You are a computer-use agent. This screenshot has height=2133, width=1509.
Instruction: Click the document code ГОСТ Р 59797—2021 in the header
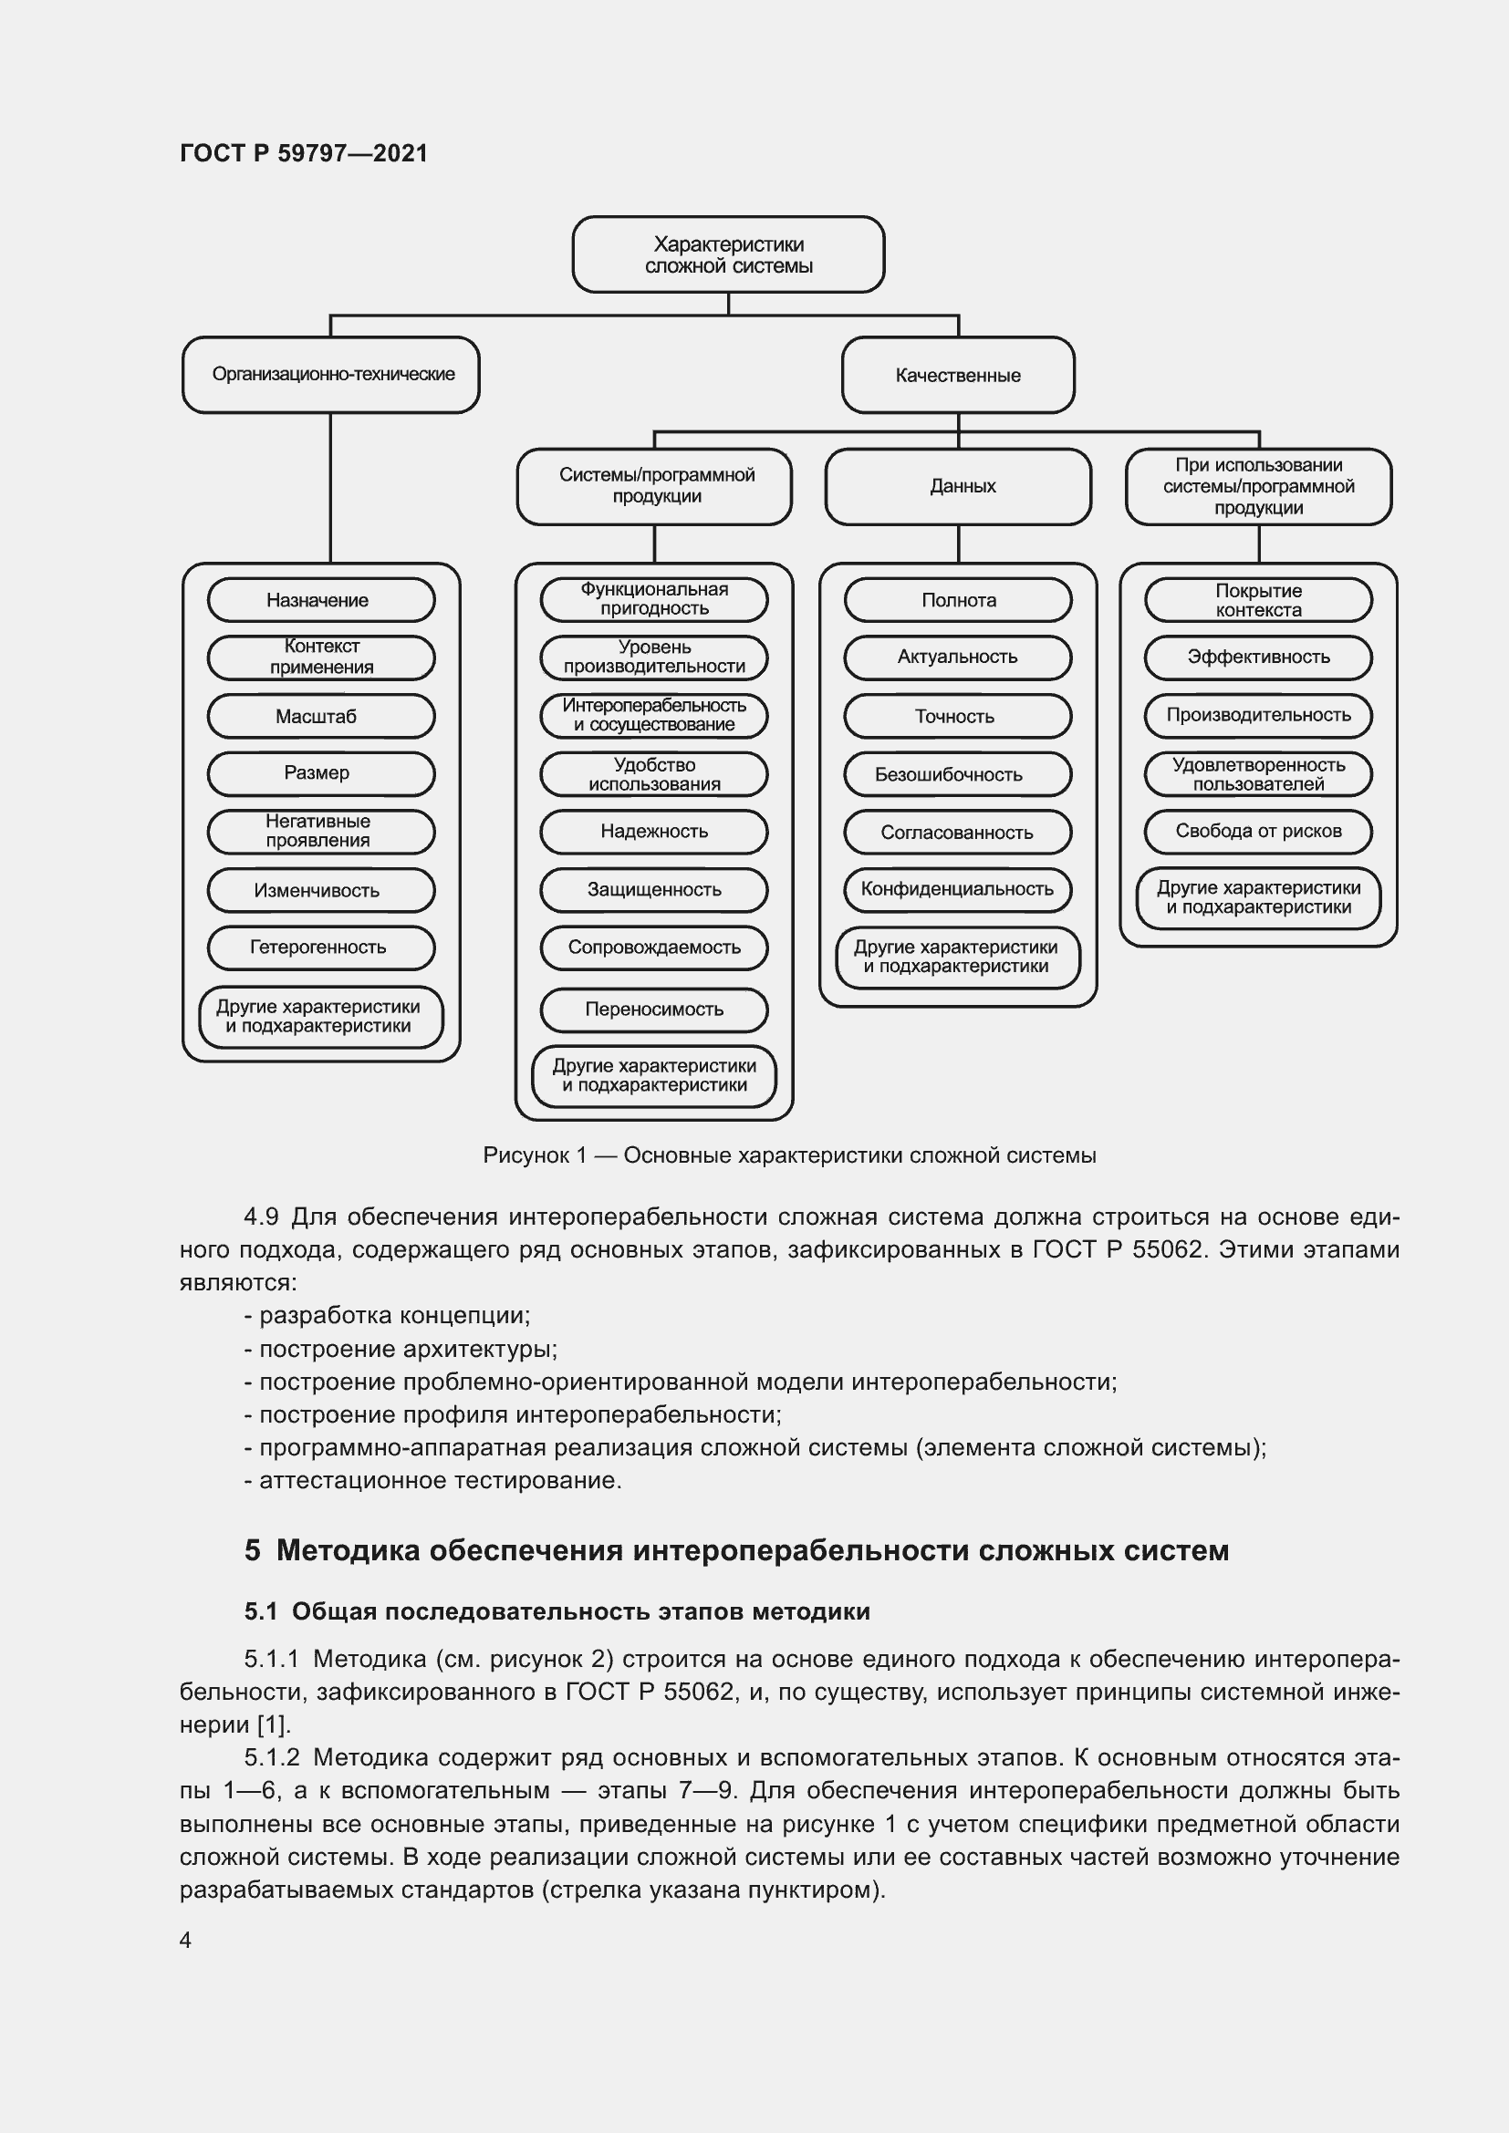304,153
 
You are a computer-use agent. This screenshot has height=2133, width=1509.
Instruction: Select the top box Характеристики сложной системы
727,254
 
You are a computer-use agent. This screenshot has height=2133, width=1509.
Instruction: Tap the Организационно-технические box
331,375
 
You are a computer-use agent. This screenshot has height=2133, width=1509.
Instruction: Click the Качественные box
958,376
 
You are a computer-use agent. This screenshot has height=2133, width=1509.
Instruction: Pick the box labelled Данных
958,487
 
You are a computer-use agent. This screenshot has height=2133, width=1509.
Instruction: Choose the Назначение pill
320,600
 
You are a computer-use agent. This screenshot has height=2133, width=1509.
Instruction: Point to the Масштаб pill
320,716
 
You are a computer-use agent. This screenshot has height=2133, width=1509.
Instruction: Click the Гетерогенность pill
320,947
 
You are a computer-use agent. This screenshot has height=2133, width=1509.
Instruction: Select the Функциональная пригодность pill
654,599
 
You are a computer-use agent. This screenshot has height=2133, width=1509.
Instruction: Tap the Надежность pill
654,832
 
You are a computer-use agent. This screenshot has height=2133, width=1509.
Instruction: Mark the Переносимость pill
654,1010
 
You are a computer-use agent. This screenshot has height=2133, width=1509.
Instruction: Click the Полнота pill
958,600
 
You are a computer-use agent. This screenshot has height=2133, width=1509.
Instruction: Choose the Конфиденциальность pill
958,889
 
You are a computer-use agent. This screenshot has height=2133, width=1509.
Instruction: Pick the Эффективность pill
1258,658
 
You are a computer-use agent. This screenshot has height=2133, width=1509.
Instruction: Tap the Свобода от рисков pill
1258,832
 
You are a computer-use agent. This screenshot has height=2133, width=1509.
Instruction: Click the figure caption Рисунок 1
789,1155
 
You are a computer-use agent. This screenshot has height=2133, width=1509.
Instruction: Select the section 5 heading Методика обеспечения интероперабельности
736,1550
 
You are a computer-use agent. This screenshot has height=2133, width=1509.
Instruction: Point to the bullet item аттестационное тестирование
433,1480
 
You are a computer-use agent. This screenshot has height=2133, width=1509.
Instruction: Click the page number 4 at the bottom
186,1940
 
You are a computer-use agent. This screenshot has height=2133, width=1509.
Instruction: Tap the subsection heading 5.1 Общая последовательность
557,1611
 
